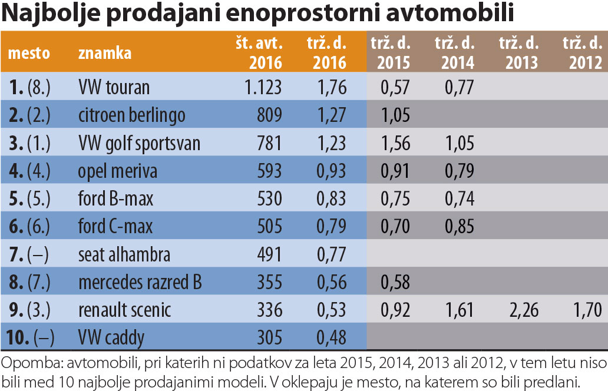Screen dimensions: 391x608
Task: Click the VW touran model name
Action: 114,87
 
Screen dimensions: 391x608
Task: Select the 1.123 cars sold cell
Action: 263,87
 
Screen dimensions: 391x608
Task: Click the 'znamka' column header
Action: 104,54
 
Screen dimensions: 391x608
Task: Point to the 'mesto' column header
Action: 29,54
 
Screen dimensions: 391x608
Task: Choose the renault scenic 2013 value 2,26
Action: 522,310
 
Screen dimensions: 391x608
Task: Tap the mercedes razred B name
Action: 140,282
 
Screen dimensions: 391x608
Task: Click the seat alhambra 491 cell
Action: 269,254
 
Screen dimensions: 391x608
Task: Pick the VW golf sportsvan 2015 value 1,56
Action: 394,143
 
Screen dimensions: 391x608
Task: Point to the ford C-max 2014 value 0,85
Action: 458,226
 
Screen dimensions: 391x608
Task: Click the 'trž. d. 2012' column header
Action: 582,53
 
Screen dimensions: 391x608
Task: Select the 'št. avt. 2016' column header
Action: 261,53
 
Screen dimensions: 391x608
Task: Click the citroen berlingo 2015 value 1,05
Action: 394,115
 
